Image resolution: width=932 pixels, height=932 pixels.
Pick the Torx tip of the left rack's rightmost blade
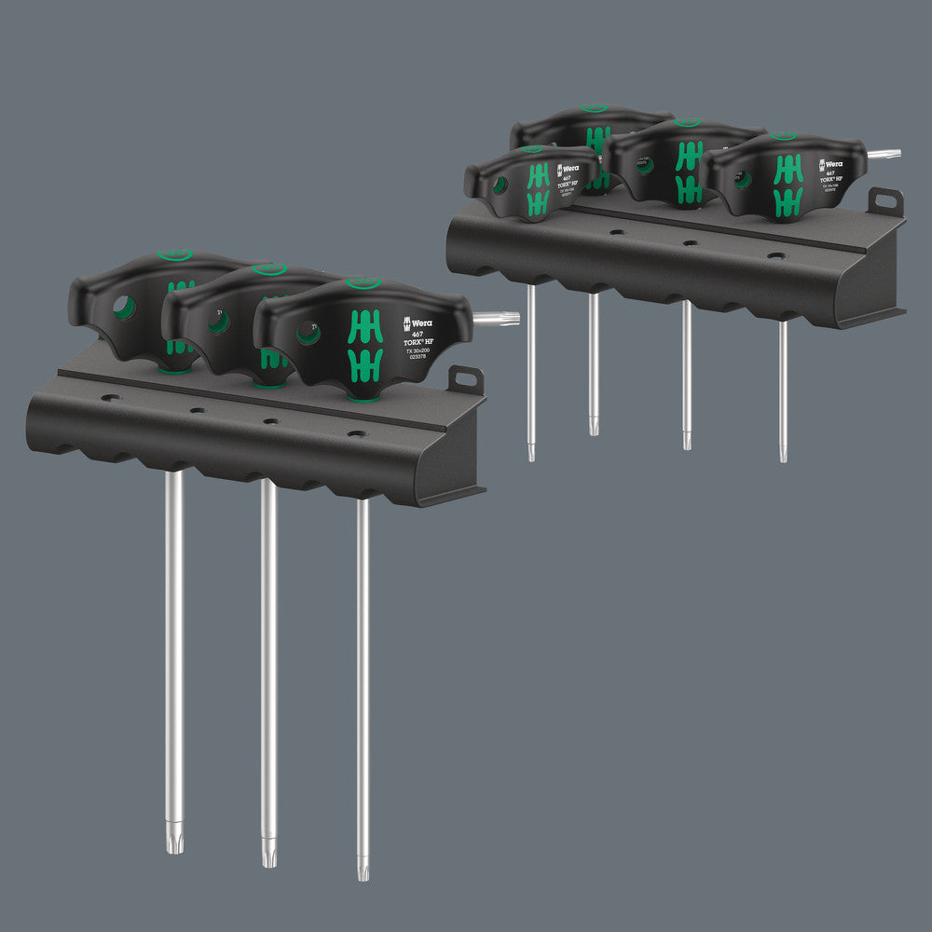click(363, 870)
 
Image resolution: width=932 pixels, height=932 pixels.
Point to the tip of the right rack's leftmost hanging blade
click(531, 452)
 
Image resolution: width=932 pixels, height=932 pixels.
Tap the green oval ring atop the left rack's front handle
click(363, 283)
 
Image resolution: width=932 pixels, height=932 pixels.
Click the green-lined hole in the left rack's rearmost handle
click(123, 308)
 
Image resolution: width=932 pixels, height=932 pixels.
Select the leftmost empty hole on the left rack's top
click(110, 398)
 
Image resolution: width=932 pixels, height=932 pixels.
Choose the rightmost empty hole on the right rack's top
click(775, 255)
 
